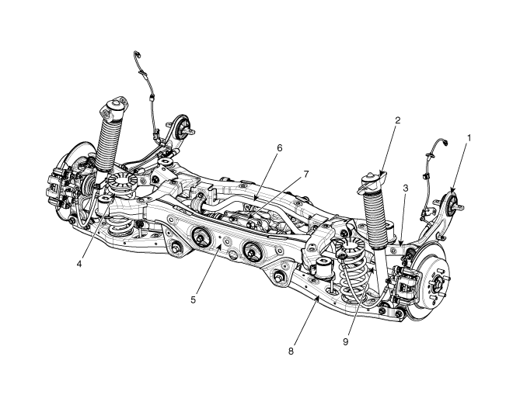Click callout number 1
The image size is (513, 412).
pyautogui.click(x=469, y=138)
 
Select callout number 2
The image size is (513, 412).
pyautogui.click(x=397, y=120)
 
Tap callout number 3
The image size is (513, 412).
pyautogui.click(x=406, y=188)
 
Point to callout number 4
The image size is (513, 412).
pyautogui.click(x=79, y=264)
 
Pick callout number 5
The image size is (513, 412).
pyautogui.click(x=194, y=299)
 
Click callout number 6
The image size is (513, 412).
pyautogui.click(x=279, y=148)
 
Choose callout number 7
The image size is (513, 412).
pyautogui.click(x=306, y=175)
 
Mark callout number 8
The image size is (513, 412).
pyautogui.click(x=291, y=351)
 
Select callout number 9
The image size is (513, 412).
pyautogui.click(x=346, y=341)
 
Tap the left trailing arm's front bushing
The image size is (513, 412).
pyautogui.click(x=183, y=127)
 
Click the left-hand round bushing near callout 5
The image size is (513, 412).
pyautogui.click(x=201, y=237)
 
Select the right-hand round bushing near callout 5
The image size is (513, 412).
pyautogui.click(x=253, y=251)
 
